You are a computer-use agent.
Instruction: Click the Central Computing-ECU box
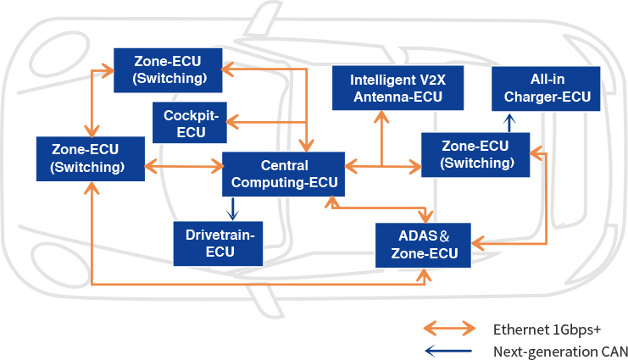pos(284,174)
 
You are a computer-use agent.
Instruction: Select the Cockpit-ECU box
pos(190,122)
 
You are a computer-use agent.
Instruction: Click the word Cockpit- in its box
pos(190,114)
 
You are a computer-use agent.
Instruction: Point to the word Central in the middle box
pos(284,166)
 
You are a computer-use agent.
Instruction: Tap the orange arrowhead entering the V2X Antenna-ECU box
pos(381,116)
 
